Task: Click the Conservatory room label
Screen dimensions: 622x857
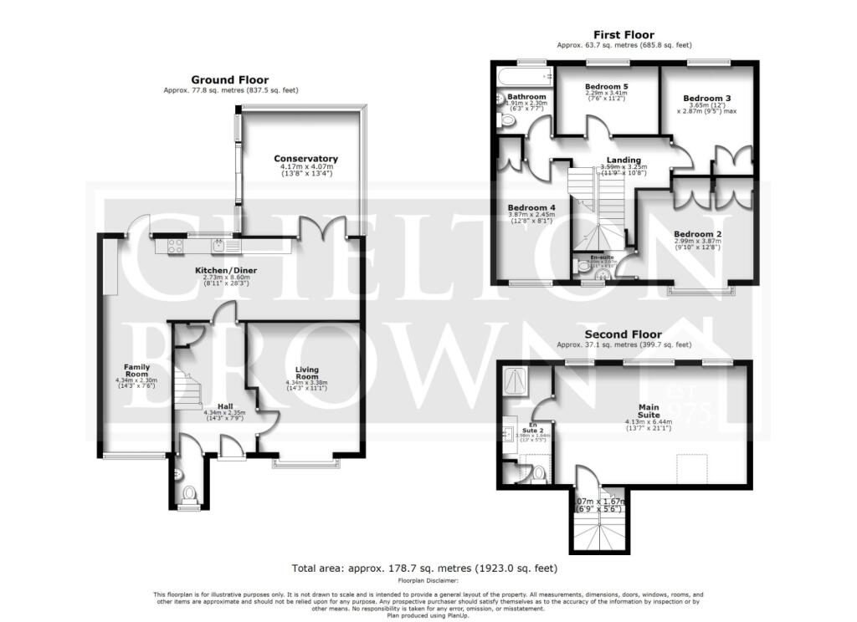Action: pyautogui.click(x=305, y=158)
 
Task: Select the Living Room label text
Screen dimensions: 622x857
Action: pyautogui.click(x=307, y=372)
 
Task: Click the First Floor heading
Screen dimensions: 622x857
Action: pyautogui.click(x=624, y=35)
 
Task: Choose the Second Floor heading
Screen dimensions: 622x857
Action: pyautogui.click(x=624, y=334)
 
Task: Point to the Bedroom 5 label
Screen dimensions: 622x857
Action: pyautogui.click(x=606, y=87)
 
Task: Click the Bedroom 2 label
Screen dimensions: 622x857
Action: pyautogui.click(x=697, y=234)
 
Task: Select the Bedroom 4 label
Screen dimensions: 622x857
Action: pyautogui.click(x=531, y=207)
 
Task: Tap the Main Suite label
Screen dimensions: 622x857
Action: pyautogui.click(x=649, y=410)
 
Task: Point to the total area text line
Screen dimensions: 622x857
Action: pyautogui.click(x=424, y=568)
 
